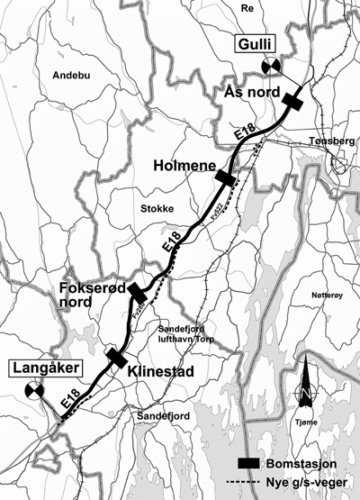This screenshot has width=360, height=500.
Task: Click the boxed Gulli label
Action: point(256,44)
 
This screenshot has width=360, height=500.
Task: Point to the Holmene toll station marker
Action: point(225,178)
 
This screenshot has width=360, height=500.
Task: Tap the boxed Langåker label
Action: point(36,368)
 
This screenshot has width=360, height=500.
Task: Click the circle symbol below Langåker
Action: point(34,390)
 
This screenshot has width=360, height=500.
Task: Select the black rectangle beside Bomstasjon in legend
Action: point(248,462)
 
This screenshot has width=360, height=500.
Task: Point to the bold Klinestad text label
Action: point(158,370)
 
